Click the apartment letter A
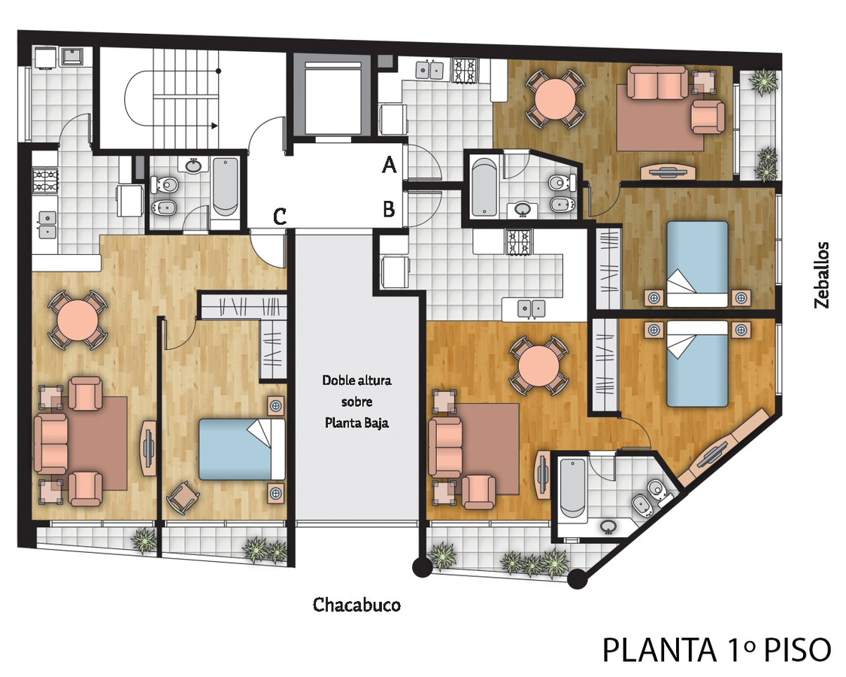point(389,164)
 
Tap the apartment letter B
point(389,209)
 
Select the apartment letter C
point(280,217)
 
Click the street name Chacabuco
point(356,605)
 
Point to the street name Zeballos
point(821,275)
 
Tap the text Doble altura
point(356,380)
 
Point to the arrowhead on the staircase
point(215,126)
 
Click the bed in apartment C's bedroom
point(241,449)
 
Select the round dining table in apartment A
point(556,99)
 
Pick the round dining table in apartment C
point(78,320)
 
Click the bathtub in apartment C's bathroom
point(225,187)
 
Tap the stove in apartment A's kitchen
point(465,71)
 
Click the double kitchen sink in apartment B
point(532,308)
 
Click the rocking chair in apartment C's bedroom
point(183,497)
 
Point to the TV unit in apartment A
point(668,172)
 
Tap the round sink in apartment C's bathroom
point(194,165)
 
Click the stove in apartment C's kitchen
point(46,181)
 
